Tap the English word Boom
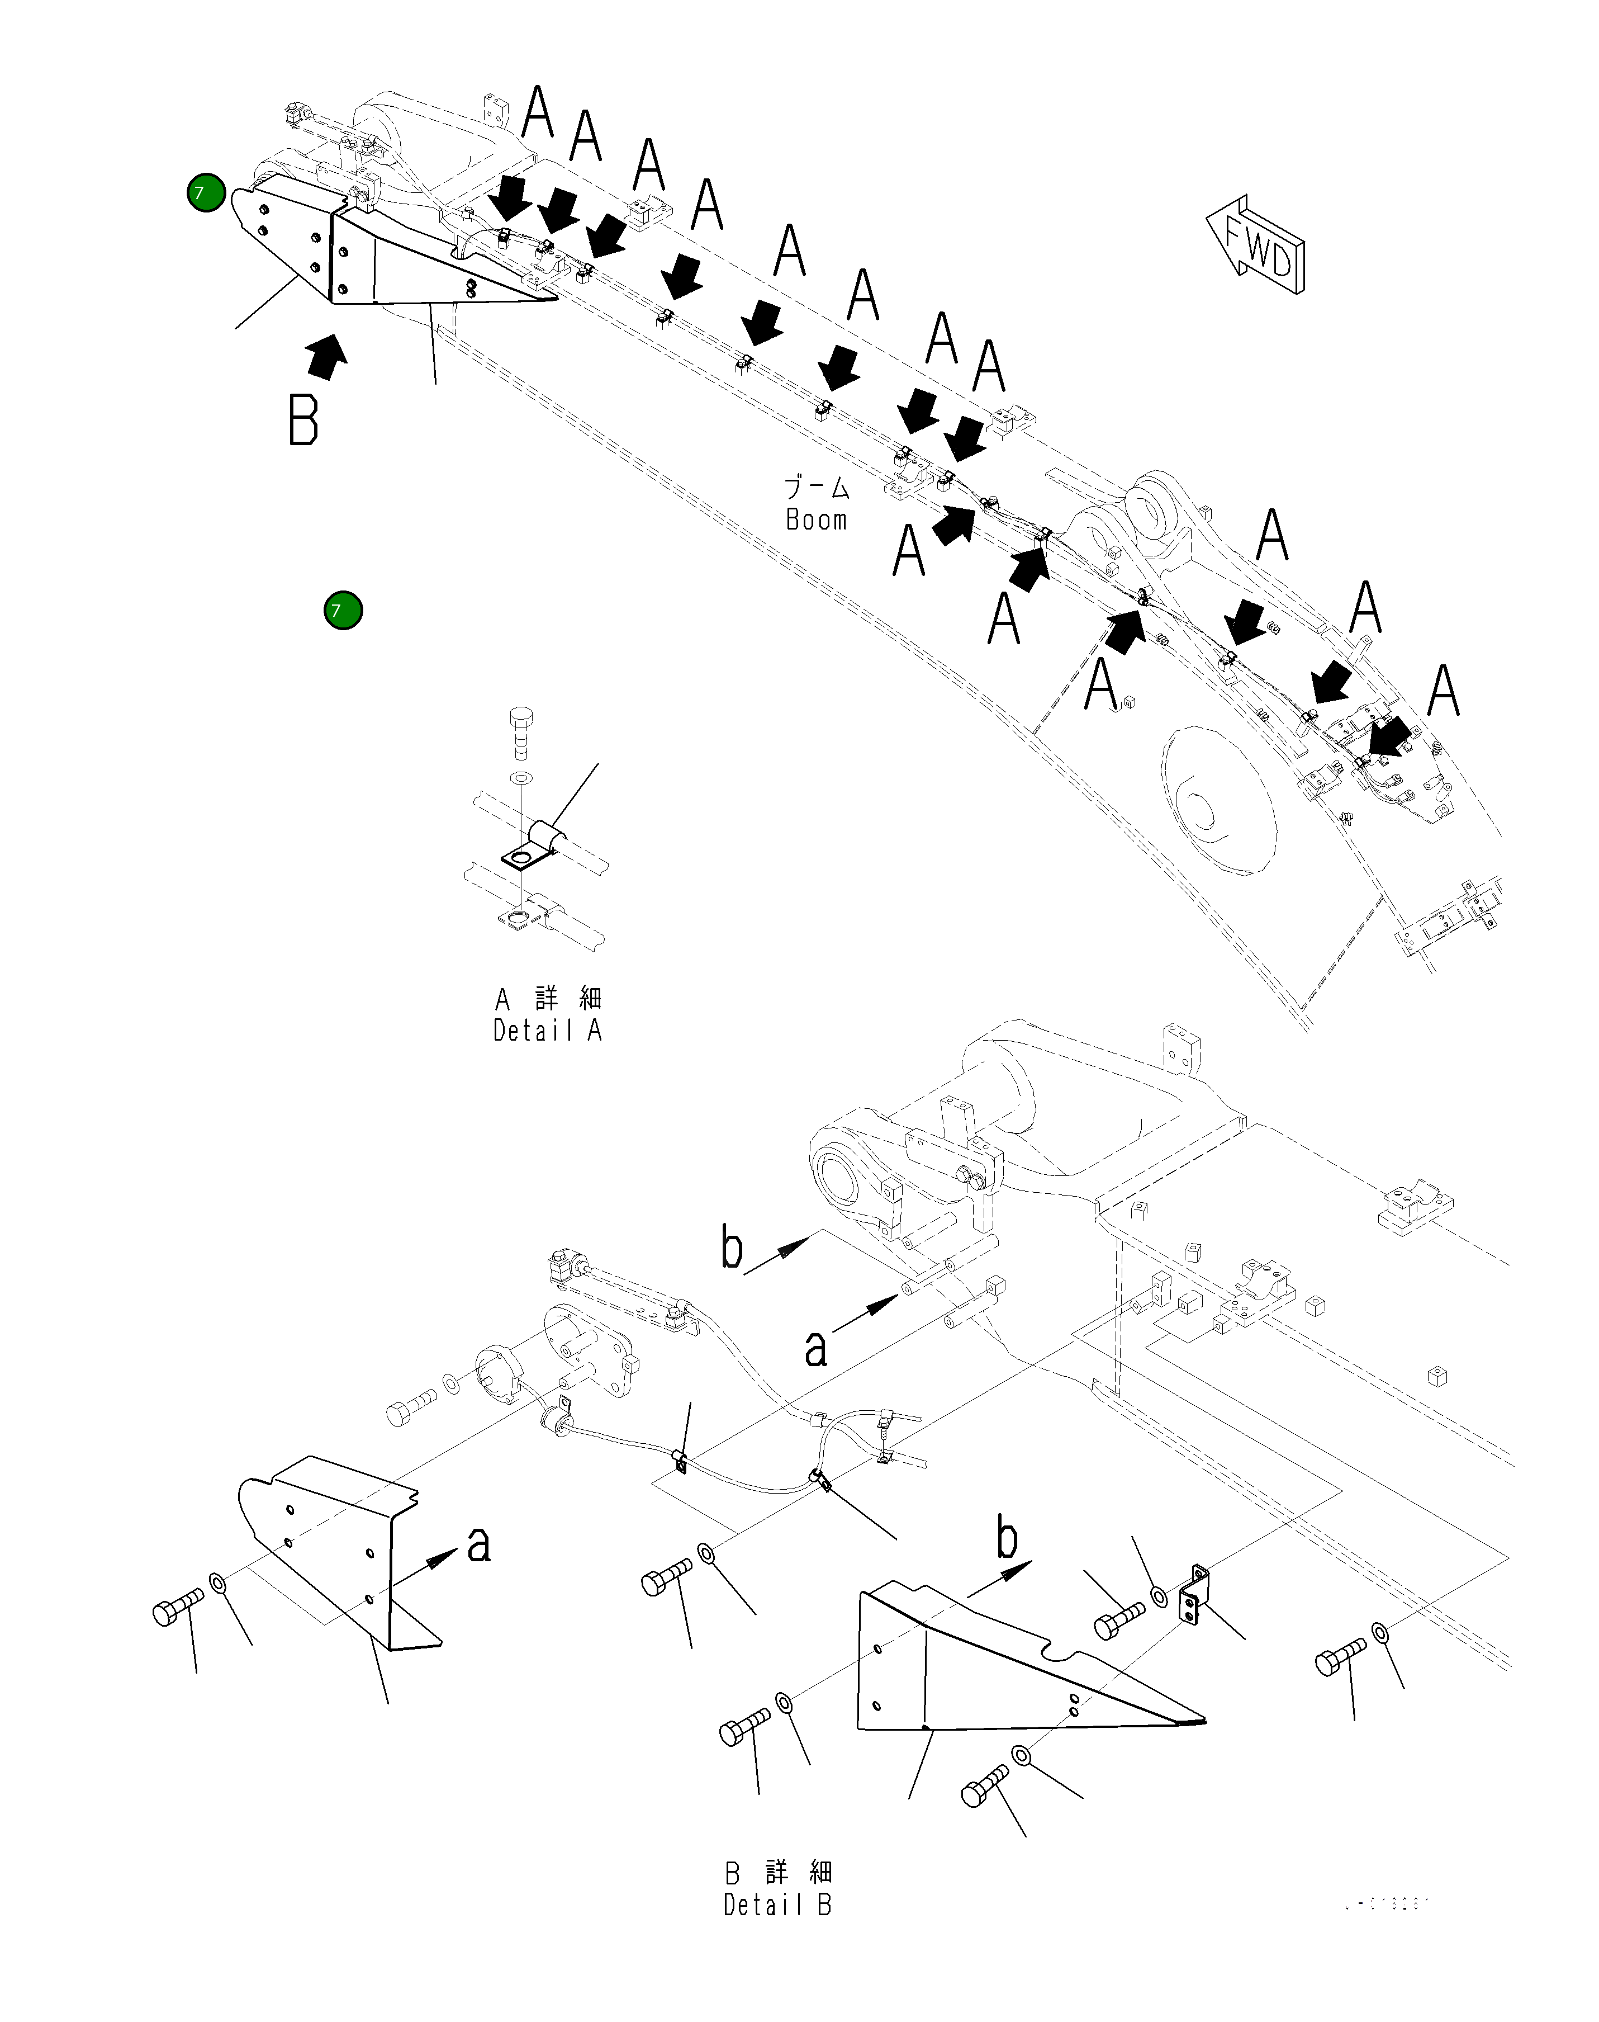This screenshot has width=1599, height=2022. tap(817, 520)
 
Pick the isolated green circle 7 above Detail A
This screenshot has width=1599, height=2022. tap(343, 611)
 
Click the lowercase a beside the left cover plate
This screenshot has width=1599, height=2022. tap(478, 1544)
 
